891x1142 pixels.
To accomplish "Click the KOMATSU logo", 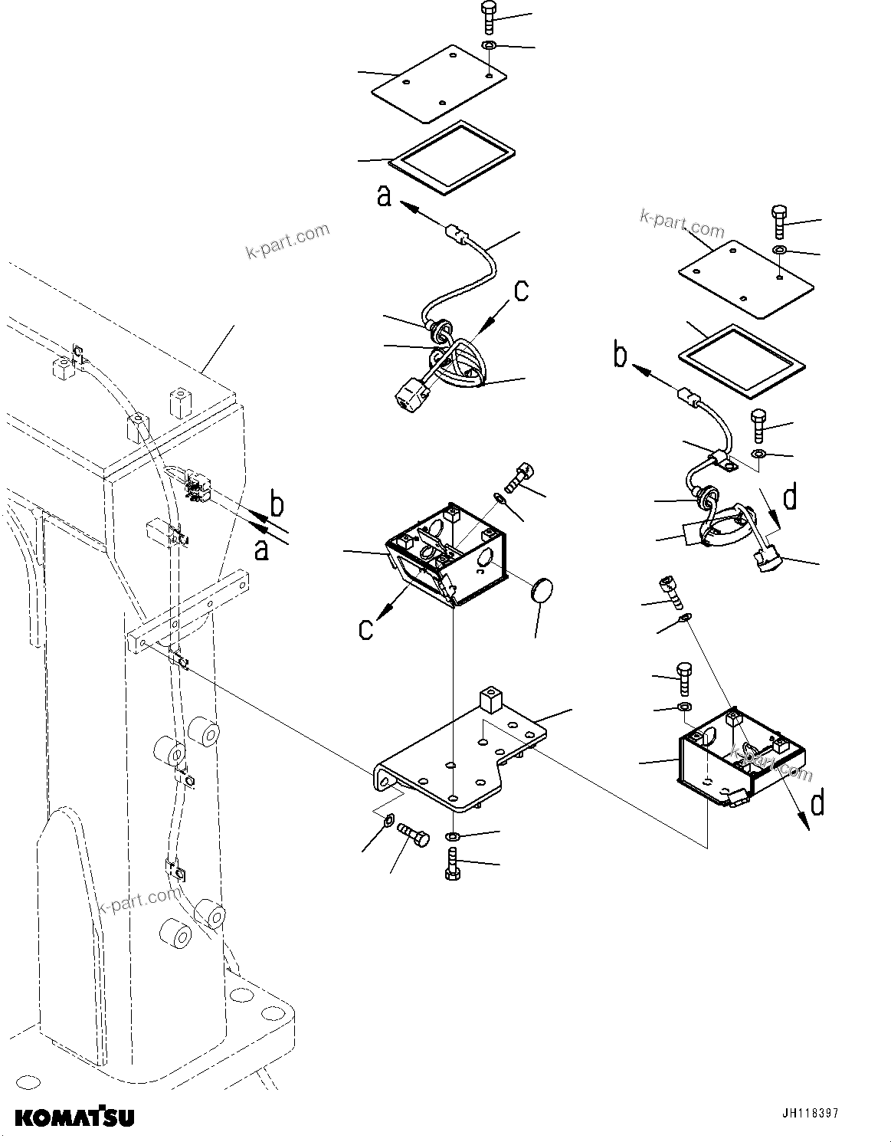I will pyautogui.click(x=75, y=1117).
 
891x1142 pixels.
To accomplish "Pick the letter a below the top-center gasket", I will pyautogui.click(x=385, y=196).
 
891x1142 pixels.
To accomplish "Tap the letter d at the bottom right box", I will pyautogui.click(x=817, y=802).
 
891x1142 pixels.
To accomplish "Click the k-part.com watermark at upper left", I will pyautogui.click(x=287, y=241).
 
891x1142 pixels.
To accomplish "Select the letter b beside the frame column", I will pyautogui.click(x=278, y=506).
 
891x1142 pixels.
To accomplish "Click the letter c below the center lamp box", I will pyautogui.click(x=366, y=628).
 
